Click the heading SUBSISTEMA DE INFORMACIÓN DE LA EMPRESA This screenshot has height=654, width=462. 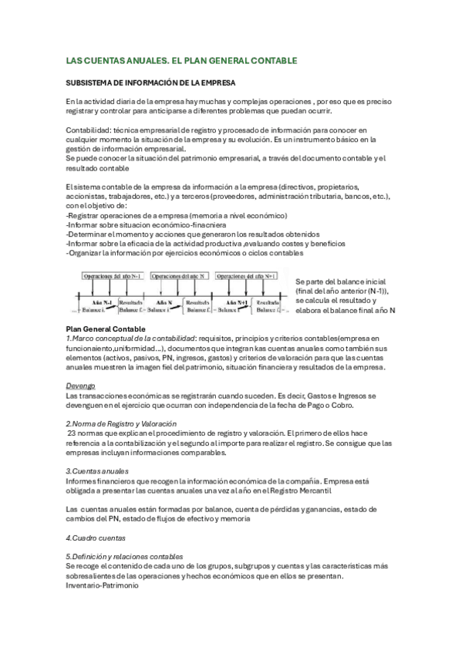[x=150, y=82]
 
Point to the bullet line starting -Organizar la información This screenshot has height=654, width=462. [x=185, y=252]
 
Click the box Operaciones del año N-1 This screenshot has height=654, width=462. [x=114, y=275]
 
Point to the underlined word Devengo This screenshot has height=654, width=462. [x=80, y=385]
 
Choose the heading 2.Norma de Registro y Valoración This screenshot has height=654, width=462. [x=121, y=423]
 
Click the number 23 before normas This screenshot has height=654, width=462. [x=73, y=433]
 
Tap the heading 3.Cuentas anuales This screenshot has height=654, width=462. [x=97, y=470]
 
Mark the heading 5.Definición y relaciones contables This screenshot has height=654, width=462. [x=124, y=555]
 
